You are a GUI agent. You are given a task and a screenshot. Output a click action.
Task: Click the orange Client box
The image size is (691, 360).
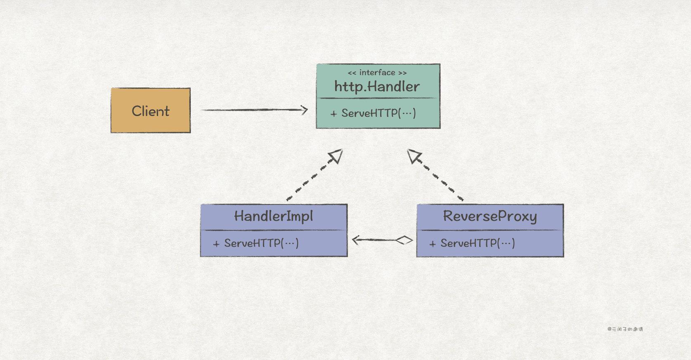[151, 111]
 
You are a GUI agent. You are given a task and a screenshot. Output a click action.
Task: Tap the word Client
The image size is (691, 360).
[151, 111]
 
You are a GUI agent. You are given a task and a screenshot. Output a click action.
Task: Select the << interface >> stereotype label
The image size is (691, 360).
[377, 73]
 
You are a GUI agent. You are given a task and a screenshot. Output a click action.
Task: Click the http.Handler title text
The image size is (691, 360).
[377, 87]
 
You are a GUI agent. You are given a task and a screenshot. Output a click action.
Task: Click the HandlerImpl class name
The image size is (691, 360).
[274, 216]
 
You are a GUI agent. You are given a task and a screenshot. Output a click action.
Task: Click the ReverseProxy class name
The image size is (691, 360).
[490, 216]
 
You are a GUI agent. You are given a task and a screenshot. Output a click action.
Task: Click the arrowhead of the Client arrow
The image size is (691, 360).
[305, 110]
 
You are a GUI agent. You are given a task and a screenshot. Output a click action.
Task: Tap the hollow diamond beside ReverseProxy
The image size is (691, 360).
[404, 240]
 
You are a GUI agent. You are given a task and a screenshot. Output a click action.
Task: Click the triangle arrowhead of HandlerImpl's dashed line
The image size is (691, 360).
[336, 156]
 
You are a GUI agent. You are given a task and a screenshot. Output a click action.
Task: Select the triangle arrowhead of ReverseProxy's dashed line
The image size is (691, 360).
[414, 156]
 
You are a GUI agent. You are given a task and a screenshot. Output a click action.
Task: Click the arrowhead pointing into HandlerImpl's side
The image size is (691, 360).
[356, 240]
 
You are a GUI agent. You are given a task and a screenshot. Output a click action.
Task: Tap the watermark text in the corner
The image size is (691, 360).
[625, 329]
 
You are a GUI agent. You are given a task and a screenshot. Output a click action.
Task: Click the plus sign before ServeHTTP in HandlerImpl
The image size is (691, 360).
[216, 244]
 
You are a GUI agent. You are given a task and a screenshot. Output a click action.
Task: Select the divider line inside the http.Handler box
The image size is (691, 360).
[378, 98]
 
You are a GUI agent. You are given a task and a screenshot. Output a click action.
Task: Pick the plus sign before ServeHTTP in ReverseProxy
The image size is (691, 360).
[433, 244]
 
